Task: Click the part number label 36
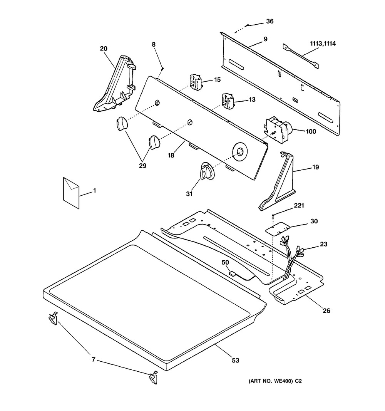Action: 270,21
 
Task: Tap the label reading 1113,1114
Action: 323,44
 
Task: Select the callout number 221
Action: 299,205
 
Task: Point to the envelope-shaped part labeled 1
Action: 71,193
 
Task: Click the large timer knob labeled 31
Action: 207,171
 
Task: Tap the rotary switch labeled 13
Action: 228,101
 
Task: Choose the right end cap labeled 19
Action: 277,181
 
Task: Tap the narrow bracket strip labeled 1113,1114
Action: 301,56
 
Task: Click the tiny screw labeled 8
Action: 162,69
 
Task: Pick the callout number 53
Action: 236,361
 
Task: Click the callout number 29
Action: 142,166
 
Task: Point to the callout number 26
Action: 326,310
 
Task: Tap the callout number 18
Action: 171,156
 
